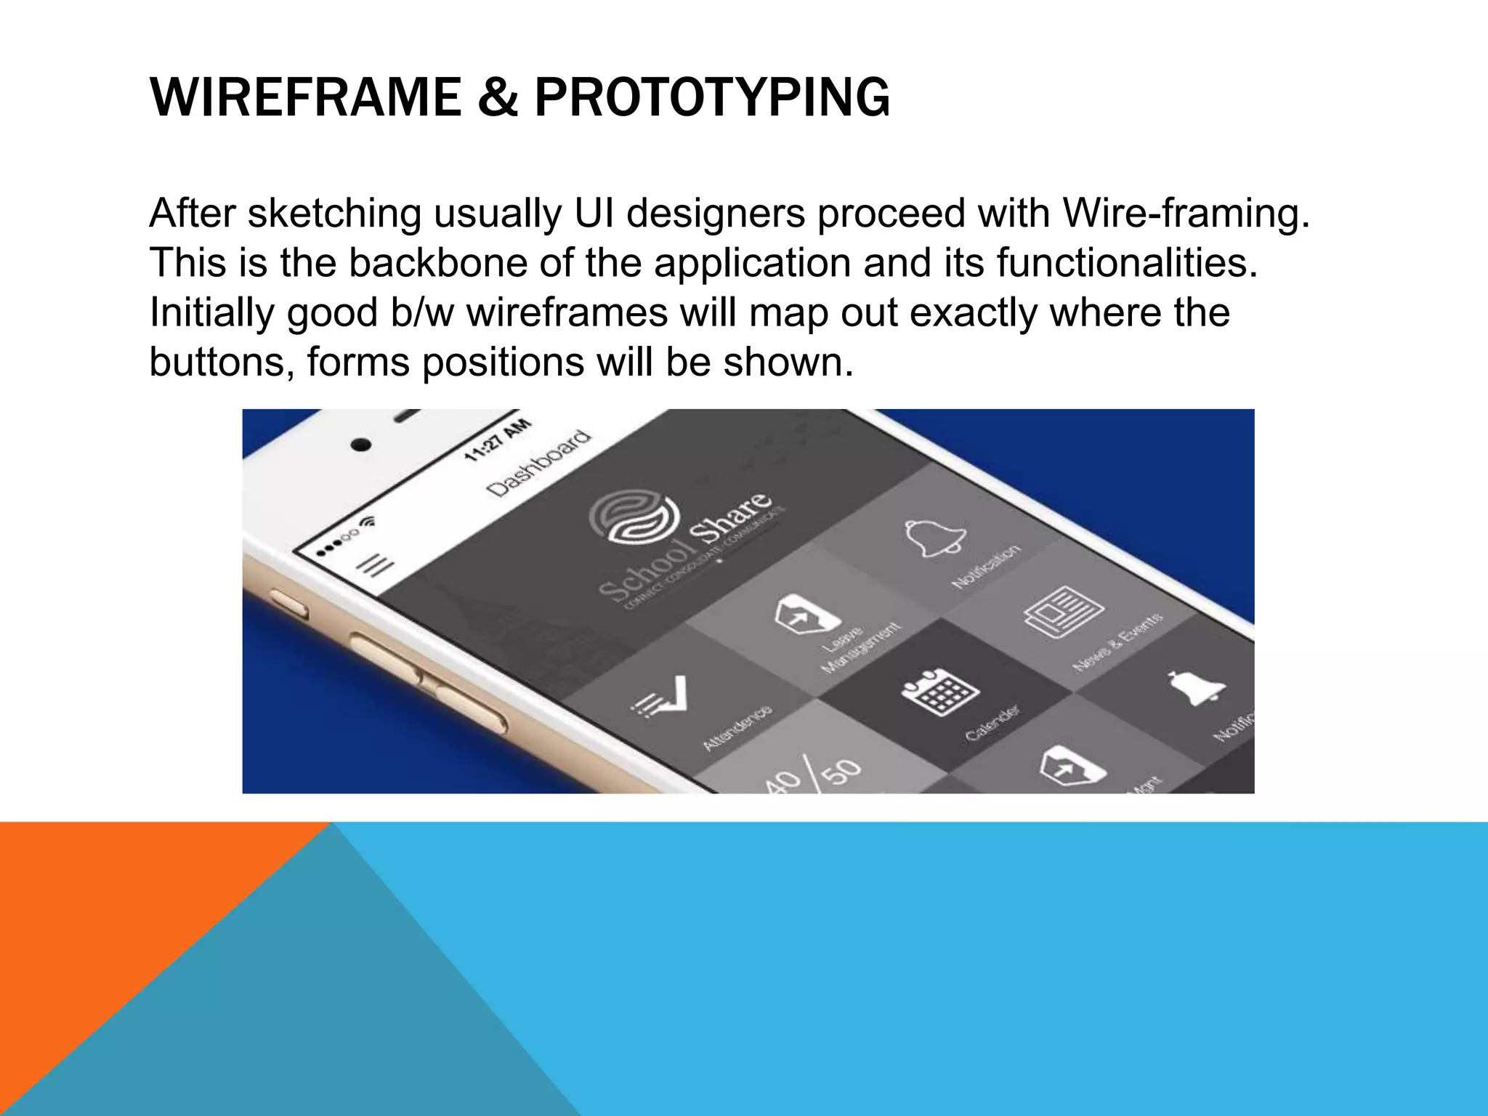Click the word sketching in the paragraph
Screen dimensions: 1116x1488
(x=333, y=214)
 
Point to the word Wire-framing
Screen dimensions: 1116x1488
(x=1185, y=214)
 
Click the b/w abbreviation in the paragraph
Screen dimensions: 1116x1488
(x=420, y=312)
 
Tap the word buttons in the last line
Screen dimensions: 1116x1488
(x=221, y=362)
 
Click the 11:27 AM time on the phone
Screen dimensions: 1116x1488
(x=498, y=440)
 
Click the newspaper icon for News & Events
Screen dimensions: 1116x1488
(x=1063, y=612)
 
